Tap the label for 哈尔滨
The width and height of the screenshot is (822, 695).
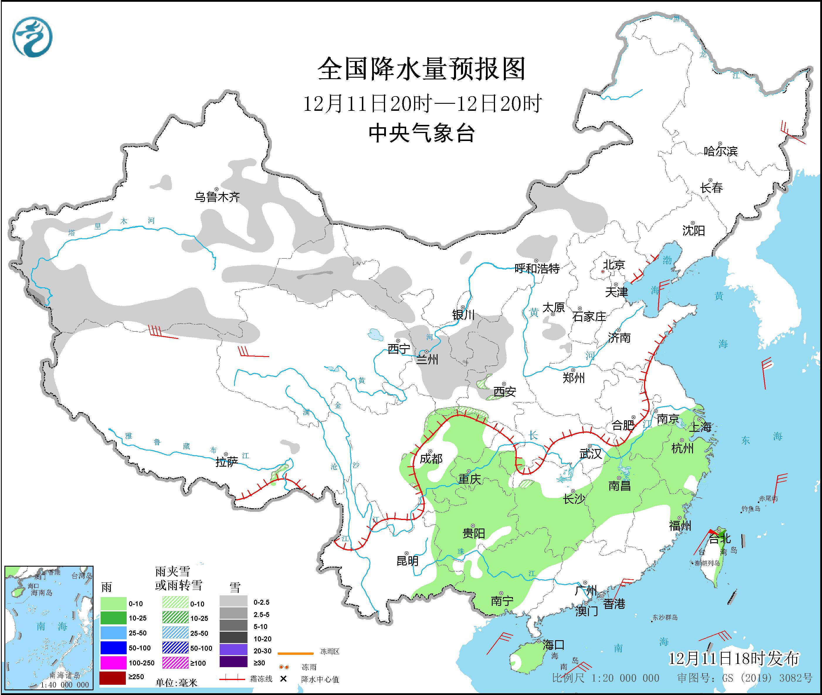(x=720, y=151)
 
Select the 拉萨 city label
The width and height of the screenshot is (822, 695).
(x=227, y=462)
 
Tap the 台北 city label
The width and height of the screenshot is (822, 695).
(x=720, y=538)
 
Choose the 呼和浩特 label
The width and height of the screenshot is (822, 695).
(x=537, y=269)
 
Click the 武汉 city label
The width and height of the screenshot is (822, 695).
(x=590, y=454)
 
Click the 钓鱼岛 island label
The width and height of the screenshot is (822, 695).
(x=751, y=509)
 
